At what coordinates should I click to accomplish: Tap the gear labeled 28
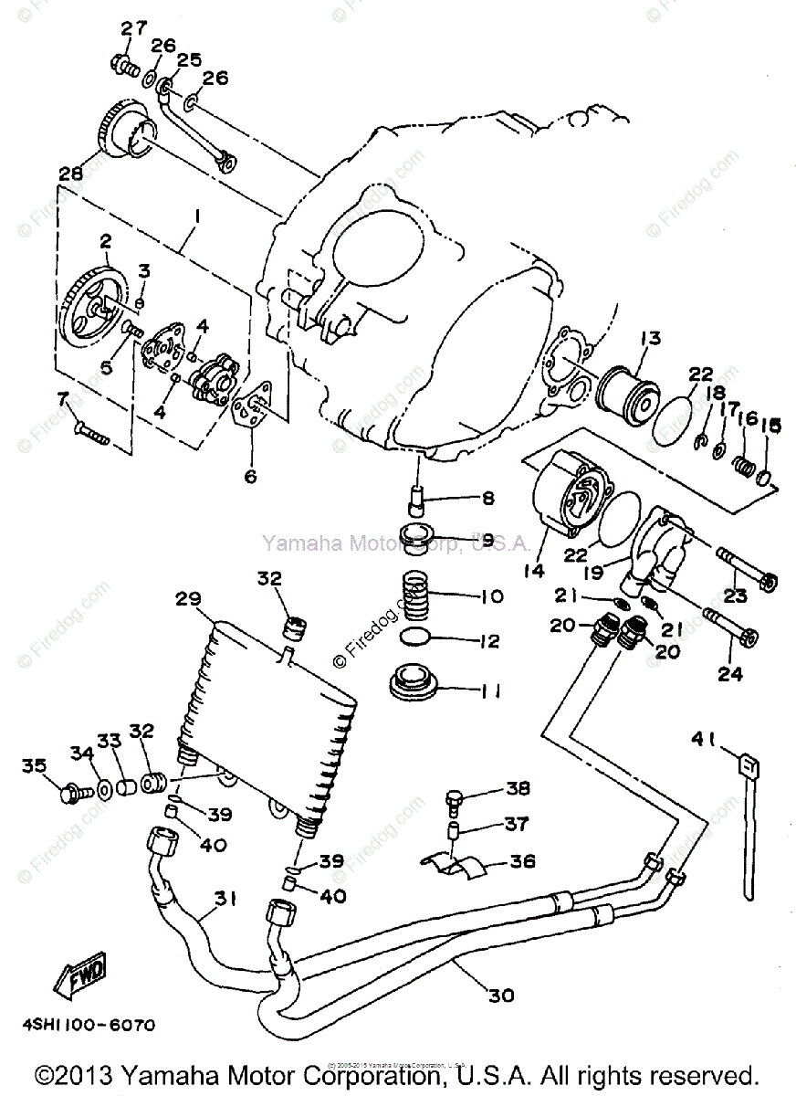(124, 132)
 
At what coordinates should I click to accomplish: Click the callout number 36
(524, 861)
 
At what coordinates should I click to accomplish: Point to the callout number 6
(249, 475)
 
